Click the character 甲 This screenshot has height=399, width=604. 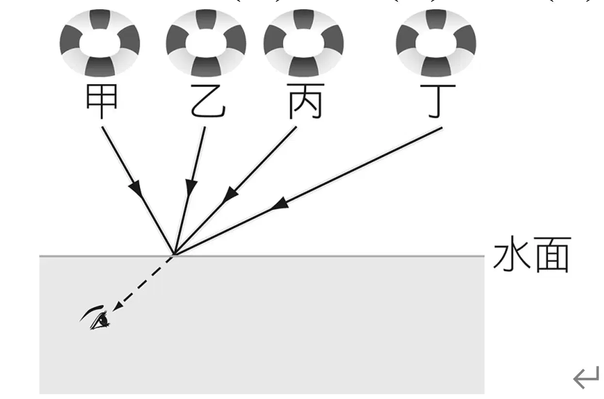point(102,101)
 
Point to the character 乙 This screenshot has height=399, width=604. point(208,101)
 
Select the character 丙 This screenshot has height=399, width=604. point(305,101)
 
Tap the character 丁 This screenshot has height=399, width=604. point(438,101)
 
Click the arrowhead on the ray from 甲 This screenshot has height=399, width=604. point(136,188)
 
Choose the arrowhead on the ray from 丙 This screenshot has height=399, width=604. point(230,195)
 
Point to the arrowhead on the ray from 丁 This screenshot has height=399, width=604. point(279,204)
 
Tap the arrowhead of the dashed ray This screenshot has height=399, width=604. point(117,306)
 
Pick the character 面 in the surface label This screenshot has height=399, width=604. point(553,255)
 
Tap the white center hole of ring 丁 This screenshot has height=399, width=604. point(436,44)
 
